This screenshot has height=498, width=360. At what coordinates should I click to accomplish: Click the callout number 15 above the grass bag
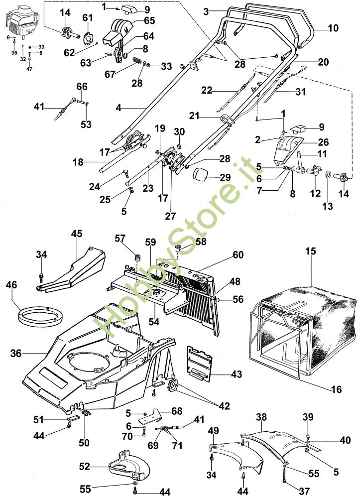[311, 251]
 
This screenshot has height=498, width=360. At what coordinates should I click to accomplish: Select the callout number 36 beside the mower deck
[16, 353]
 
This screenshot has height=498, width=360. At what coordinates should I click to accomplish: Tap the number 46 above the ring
[11, 284]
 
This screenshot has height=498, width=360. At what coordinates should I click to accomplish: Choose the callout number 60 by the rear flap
[238, 254]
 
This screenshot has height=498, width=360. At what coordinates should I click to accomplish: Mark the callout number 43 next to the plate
[236, 374]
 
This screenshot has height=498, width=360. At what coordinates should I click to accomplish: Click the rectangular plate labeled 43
[199, 363]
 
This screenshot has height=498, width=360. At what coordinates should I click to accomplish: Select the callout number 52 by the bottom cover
[85, 467]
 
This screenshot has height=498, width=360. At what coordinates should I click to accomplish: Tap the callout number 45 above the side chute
[77, 234]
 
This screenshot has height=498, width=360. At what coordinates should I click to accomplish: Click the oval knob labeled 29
[201, 174]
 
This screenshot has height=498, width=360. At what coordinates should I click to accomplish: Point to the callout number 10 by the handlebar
[333, 28]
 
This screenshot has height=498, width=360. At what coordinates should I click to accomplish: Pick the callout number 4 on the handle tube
[119, 108]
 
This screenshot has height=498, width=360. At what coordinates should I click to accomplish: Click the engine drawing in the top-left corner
[22, 24]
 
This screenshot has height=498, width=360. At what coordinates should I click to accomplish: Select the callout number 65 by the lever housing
[149, 20]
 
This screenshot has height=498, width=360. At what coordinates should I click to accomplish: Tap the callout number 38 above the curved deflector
[261, 417]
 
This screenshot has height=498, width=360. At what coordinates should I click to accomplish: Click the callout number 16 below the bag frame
[336, 389]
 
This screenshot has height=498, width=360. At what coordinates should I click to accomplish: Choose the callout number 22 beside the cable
[207, 90]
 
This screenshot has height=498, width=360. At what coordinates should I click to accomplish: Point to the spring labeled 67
[136, 60]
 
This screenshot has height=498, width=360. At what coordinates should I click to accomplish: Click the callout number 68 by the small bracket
[176, 411]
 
